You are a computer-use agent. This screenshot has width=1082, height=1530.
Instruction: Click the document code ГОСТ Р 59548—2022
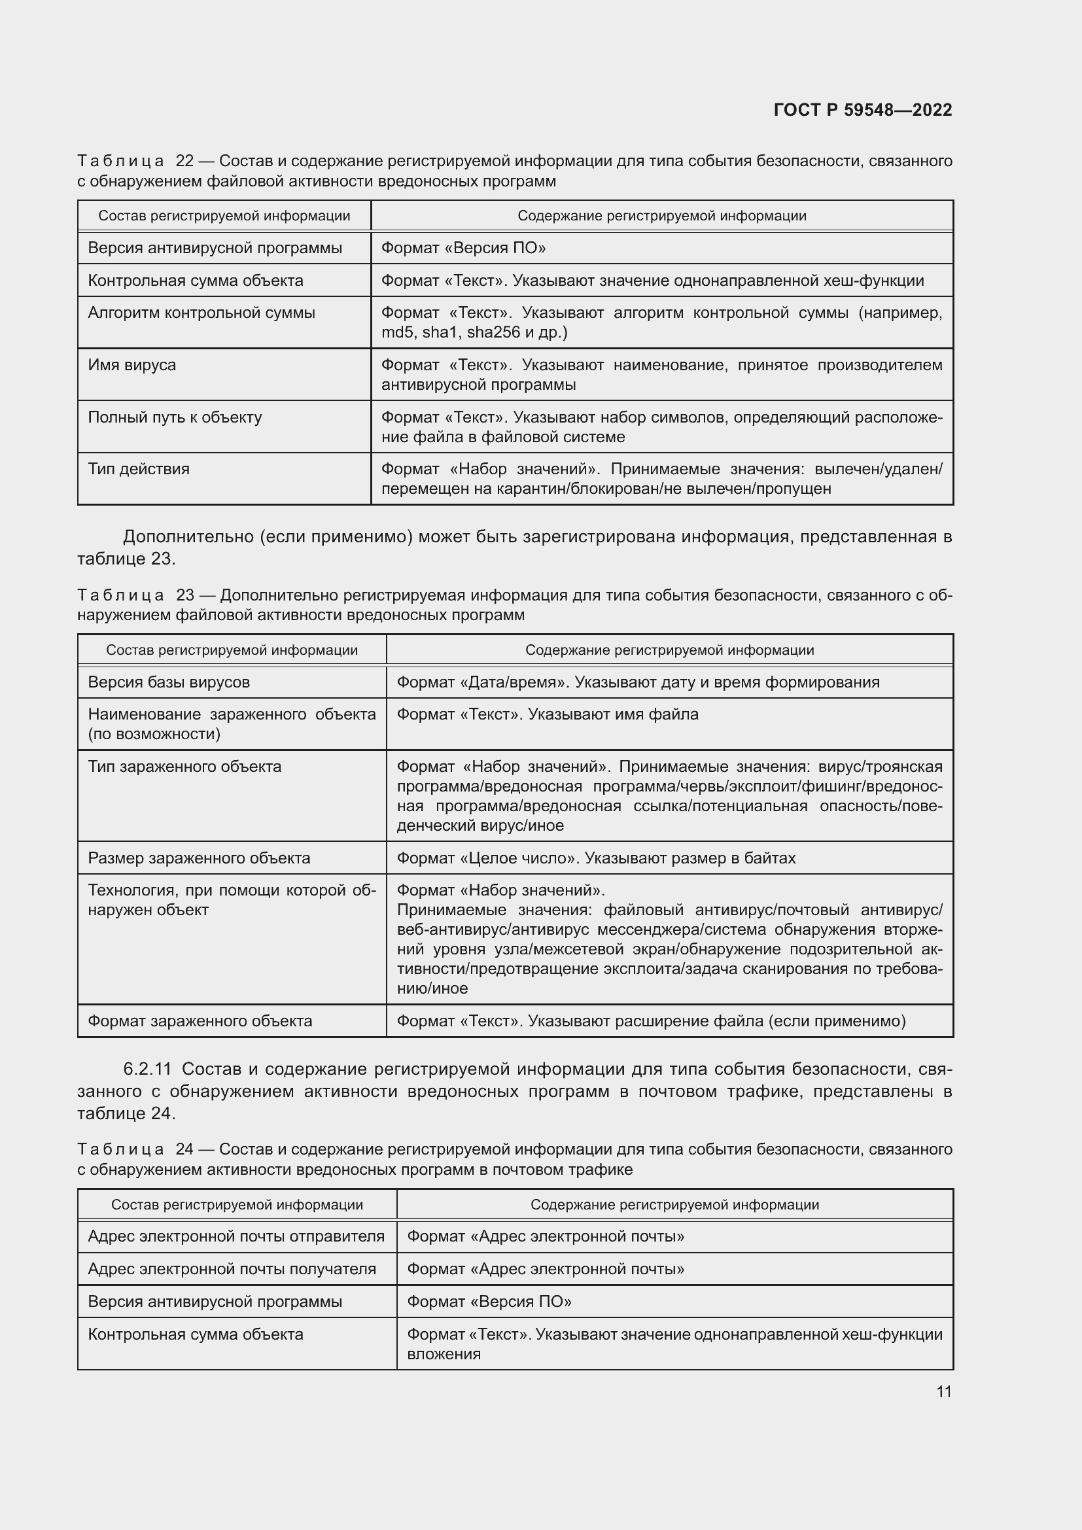(x=862, y=110)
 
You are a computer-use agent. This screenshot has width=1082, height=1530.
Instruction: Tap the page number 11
(x=943, y=1391)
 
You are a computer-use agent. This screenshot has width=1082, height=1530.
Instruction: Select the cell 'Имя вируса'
(x=132, y=365)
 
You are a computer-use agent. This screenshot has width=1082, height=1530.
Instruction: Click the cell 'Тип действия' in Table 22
(x=139, y=469)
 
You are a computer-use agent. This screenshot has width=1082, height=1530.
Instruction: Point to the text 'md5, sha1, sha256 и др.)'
(x=474, y=332)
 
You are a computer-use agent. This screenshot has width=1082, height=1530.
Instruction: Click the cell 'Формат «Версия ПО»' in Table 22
(x=463, y=249)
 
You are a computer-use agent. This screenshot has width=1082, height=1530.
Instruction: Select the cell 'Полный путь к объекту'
(x=175, y=417)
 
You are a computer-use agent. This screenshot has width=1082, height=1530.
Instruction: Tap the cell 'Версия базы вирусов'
(x=169, y=682)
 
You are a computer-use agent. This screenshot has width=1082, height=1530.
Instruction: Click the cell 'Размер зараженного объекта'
(x=199, y=858)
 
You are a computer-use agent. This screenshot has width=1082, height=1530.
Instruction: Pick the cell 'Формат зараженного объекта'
(x=200, y=1021)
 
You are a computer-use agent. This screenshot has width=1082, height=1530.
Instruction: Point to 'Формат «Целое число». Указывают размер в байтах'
(x=596, y=858)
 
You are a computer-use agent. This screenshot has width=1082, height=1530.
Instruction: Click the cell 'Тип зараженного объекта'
(x=184, y=767)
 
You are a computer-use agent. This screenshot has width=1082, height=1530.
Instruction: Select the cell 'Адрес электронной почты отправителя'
(x=236, y=1237)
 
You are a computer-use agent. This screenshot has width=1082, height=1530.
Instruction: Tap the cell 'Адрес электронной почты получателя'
(x=232, y=1270)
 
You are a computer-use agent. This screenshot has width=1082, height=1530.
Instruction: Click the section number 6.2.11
(x=147, y=1069)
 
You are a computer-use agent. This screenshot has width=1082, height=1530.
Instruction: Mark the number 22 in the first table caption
(x=184, y=162)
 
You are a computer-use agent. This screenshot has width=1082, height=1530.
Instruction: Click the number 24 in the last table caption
(x=184, y=1149)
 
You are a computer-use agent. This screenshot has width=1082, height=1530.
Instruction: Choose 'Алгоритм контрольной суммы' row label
(x=201, y=313)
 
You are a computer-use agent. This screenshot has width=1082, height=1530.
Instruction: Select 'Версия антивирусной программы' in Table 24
(x=215, y=1302)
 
